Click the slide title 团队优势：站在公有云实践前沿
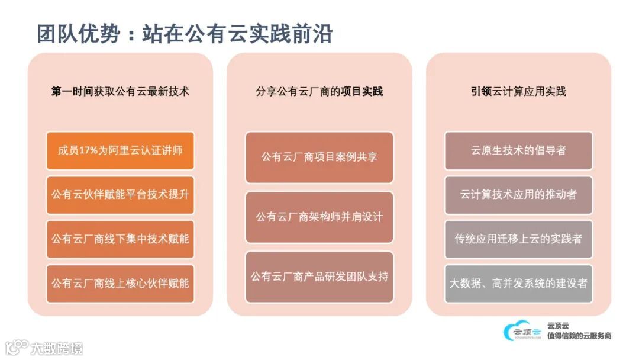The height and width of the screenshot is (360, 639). (x=184, y=34)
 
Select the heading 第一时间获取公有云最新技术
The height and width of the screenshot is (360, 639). (x=120, y=92)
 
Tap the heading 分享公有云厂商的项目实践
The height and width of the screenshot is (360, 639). (x=319, y=92)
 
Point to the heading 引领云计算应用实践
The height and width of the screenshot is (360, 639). (x=518, y=92)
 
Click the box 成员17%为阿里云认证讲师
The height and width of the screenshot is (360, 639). (x=120, y=150)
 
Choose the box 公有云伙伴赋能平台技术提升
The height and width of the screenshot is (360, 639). (x=120, y=195)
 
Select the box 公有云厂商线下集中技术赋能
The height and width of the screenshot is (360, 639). (x=120, y=239)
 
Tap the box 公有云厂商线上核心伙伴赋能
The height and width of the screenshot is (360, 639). (x=120, y=284)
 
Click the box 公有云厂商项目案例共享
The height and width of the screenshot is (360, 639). (x=319, y=157)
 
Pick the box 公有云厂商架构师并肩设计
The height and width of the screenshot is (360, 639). (x=319, y=217)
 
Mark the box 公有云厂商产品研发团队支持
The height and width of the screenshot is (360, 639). (x=319, y=277)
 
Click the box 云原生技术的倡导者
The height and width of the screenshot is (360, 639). (x=518, y=150)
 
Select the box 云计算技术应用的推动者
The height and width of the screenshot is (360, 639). (x=518, y=195)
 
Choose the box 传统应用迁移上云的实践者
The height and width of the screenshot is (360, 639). (x=518, y=239)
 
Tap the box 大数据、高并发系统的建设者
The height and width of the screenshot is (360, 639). (x=518, y=284)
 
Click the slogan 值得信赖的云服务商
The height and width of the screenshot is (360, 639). (x=579, y=336)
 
